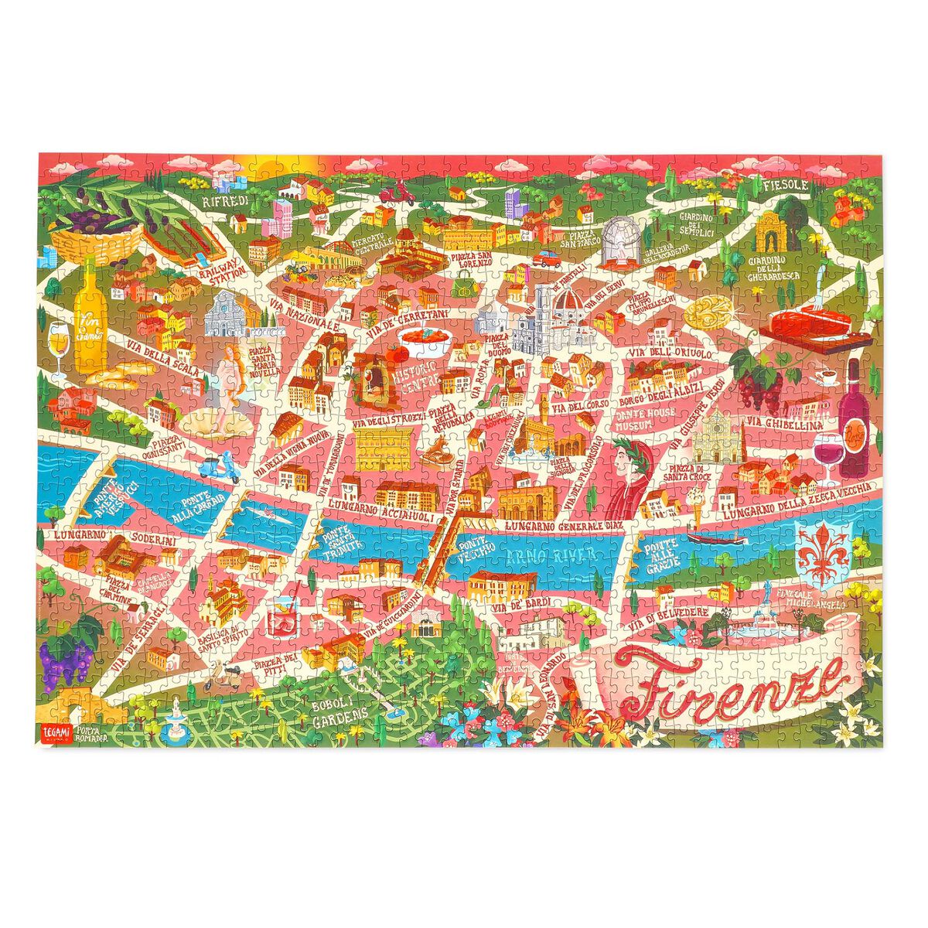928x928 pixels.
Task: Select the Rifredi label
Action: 224,201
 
